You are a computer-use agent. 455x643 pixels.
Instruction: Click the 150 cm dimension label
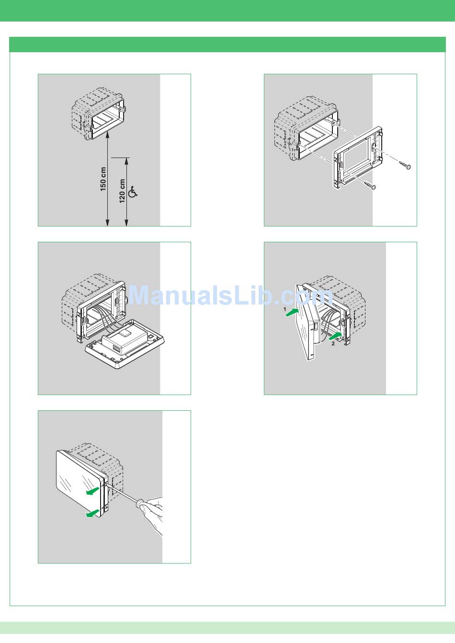point(103,179)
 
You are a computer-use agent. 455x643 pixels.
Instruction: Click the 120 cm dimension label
point(122,191)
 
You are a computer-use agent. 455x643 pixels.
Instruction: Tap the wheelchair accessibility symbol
point(133,192)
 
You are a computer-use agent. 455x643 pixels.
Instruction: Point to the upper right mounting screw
point(405,165)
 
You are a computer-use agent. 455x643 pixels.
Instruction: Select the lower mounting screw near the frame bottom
point(370,185)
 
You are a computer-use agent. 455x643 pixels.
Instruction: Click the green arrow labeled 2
point(335,336)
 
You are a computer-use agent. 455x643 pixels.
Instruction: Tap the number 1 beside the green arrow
point(285,309)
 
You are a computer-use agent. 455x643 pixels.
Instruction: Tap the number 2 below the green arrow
point(333,343)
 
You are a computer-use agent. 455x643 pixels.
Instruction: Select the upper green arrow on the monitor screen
point(93,491)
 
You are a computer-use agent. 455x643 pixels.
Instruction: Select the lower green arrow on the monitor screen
point(93,514)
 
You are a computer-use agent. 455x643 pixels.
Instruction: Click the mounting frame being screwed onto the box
point(358,158)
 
